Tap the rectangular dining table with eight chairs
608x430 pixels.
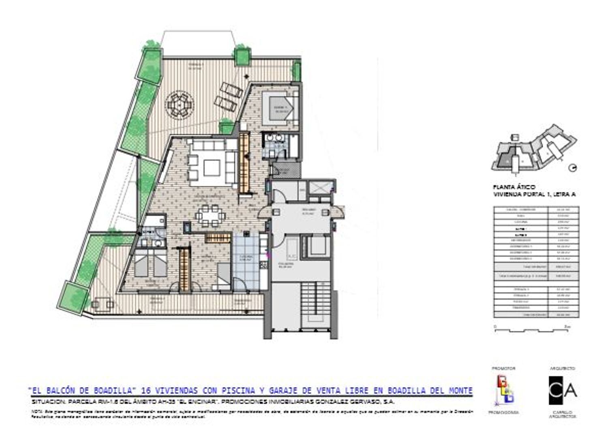pos(209,216)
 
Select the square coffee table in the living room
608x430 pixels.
pos(212,167)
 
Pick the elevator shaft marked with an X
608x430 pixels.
pos(320,188)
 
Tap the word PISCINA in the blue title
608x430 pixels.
pos(239,391)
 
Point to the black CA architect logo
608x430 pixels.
pos(562,390)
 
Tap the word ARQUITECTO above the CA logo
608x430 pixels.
pos(562,368)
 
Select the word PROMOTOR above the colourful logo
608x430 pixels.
pos(503,368)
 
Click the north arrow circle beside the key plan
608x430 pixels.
pos(573,167)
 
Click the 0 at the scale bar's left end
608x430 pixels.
pos(495,326)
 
